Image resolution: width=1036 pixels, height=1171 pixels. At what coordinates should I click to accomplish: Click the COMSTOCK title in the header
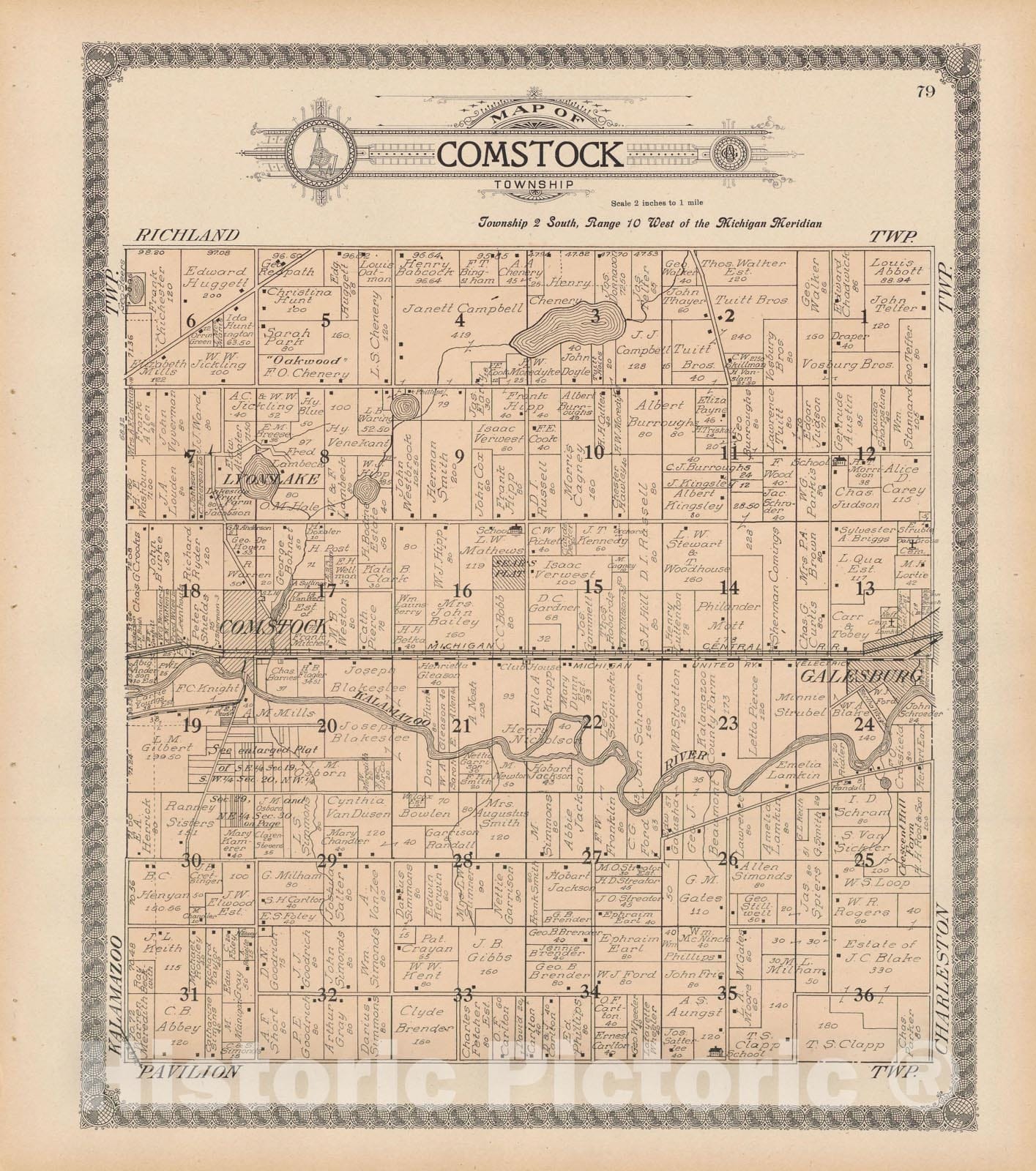coord(530,156)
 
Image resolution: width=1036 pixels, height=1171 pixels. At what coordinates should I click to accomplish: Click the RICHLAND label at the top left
coord(187,235)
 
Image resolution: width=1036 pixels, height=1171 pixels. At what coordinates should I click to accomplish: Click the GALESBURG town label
coord(861,676)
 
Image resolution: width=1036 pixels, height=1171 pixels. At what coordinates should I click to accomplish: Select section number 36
coord(864,995)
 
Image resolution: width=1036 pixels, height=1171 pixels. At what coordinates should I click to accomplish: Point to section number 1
coord(864,317)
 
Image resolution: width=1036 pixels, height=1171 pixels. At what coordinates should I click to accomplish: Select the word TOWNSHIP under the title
coord(530,187)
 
